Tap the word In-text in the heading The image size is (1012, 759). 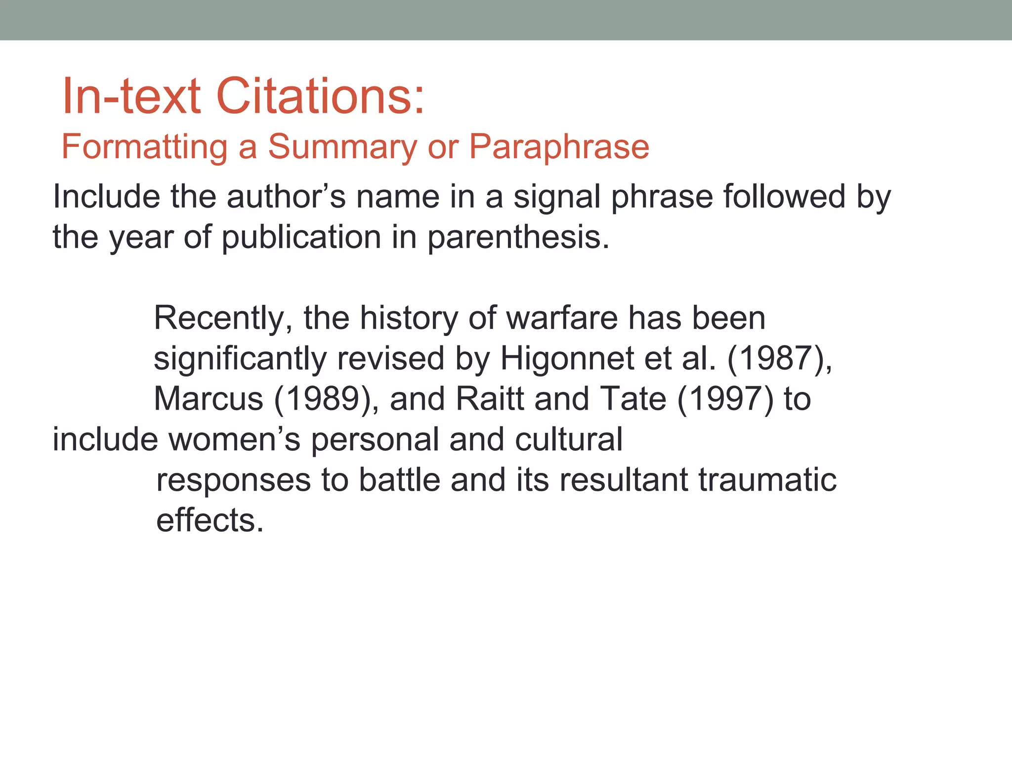tap(131, 96)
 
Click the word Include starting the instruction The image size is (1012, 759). tap(106, 197)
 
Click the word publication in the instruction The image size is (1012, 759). tap(301, 238)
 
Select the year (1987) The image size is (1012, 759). tap(776, 359)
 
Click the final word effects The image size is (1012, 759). tap(210, 520)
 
